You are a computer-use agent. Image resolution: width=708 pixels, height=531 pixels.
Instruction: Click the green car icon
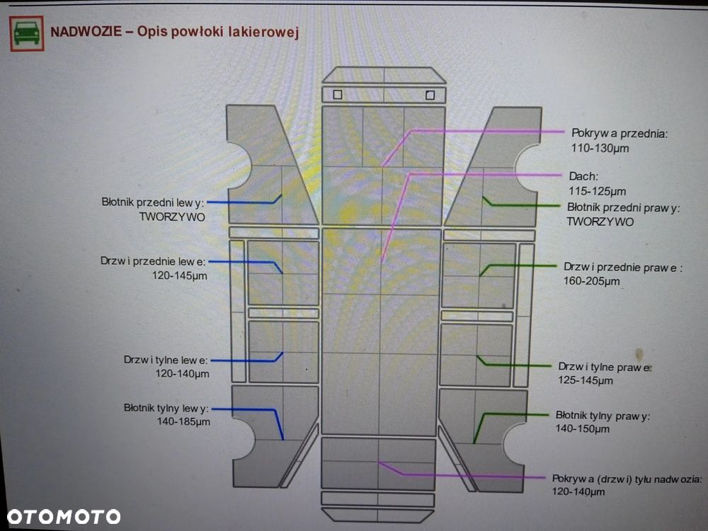coord(27,33)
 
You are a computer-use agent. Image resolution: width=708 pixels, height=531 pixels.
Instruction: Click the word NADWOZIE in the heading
coord(86,32)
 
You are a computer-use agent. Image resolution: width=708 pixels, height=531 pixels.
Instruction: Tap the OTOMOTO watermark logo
coord(64,517)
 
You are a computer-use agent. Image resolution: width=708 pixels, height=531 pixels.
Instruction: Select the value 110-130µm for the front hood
coord(600,148)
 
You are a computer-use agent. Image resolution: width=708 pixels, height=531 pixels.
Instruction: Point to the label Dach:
coord(583,176)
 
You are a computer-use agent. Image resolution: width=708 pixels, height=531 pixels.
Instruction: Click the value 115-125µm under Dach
coord(597,191)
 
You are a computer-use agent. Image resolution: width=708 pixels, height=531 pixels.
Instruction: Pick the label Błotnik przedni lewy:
coord(153,202)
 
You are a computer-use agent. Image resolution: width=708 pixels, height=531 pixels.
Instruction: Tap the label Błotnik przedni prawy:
coord(623,207)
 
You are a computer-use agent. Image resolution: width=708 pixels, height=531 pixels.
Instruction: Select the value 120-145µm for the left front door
coord(179,275)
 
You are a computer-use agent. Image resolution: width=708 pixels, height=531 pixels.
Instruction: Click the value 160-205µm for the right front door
coord(591,281)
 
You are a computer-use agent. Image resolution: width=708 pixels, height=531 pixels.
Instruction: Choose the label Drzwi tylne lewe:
coord(166,360)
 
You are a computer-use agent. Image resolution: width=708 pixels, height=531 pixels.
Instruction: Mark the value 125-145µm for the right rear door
coord(586,380)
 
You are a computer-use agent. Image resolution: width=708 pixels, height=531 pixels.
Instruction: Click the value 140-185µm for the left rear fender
coord(183,422)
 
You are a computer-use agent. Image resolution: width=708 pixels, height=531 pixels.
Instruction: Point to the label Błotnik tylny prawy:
coord(603,416)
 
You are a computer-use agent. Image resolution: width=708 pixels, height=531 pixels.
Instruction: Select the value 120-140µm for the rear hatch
coord(578,492)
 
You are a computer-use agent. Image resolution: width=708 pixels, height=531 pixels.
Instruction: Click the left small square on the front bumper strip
coord(337,95)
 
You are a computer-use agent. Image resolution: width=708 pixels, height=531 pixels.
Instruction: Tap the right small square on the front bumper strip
coord(430,95)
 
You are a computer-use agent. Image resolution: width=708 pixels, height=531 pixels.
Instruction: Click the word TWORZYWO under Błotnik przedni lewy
coord(172,217)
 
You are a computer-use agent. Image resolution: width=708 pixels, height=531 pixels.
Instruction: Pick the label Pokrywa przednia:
coord(619,133)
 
